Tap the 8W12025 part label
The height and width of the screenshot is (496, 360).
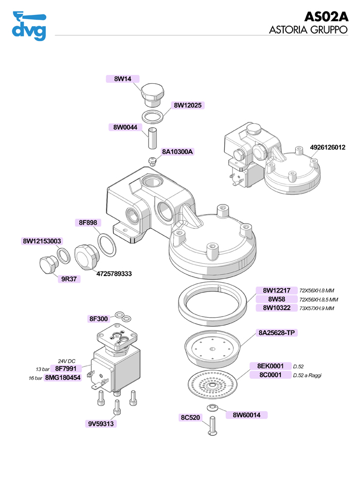[x=189, y=105]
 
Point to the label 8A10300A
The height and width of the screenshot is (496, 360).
[x=177, y=152]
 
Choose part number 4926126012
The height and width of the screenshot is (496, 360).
[x=328, y=148]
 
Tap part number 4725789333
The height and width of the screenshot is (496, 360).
[x=114, y=274]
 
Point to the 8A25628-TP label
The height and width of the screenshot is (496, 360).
[x=276, y=333]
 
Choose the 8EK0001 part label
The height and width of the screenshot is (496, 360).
[x=271, y=366]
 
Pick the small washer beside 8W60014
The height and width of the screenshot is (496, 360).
[x=212, y=408]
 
